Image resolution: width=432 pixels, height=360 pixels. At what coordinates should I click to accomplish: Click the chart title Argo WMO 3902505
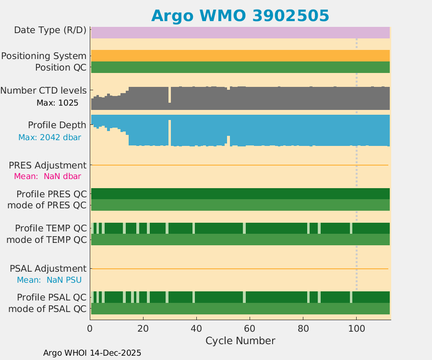point(240,15)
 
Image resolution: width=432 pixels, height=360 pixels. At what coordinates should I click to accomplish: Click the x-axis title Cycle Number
point(240,341)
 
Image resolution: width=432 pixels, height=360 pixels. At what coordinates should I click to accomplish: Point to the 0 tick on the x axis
point(90,328)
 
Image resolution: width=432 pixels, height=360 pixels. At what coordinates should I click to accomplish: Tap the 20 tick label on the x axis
point(143,328)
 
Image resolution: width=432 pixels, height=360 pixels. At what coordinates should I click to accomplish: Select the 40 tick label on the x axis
point(196,328)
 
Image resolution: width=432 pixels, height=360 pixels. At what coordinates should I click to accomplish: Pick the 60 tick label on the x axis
point(250,328)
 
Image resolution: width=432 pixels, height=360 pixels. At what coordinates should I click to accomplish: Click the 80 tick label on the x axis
point(303,328)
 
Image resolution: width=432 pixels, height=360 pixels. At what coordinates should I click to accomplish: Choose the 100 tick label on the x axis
point(356,328)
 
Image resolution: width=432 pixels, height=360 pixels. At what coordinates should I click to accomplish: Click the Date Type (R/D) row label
point(50,30)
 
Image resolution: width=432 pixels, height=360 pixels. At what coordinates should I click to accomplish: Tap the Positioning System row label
point(44,56)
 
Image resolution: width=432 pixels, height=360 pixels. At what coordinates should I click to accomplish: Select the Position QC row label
point(61,68)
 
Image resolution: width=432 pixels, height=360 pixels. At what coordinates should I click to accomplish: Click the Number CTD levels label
point(44,91)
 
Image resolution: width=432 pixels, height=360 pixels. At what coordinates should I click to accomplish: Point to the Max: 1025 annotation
point(57,103)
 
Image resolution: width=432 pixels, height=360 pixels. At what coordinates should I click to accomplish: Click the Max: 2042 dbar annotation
point(49,137)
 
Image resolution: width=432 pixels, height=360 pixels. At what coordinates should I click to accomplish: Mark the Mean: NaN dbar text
point(47,176)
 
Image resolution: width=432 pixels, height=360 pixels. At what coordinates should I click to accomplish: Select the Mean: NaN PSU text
point(49,280)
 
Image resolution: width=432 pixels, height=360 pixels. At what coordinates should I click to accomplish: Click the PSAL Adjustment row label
point(48,268)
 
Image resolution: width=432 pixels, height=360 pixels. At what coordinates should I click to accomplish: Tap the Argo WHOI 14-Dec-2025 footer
point(92,353)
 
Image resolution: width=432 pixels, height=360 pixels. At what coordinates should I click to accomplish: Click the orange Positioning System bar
point(240,56)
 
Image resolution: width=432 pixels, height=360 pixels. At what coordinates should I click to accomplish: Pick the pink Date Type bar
point(240,32)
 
